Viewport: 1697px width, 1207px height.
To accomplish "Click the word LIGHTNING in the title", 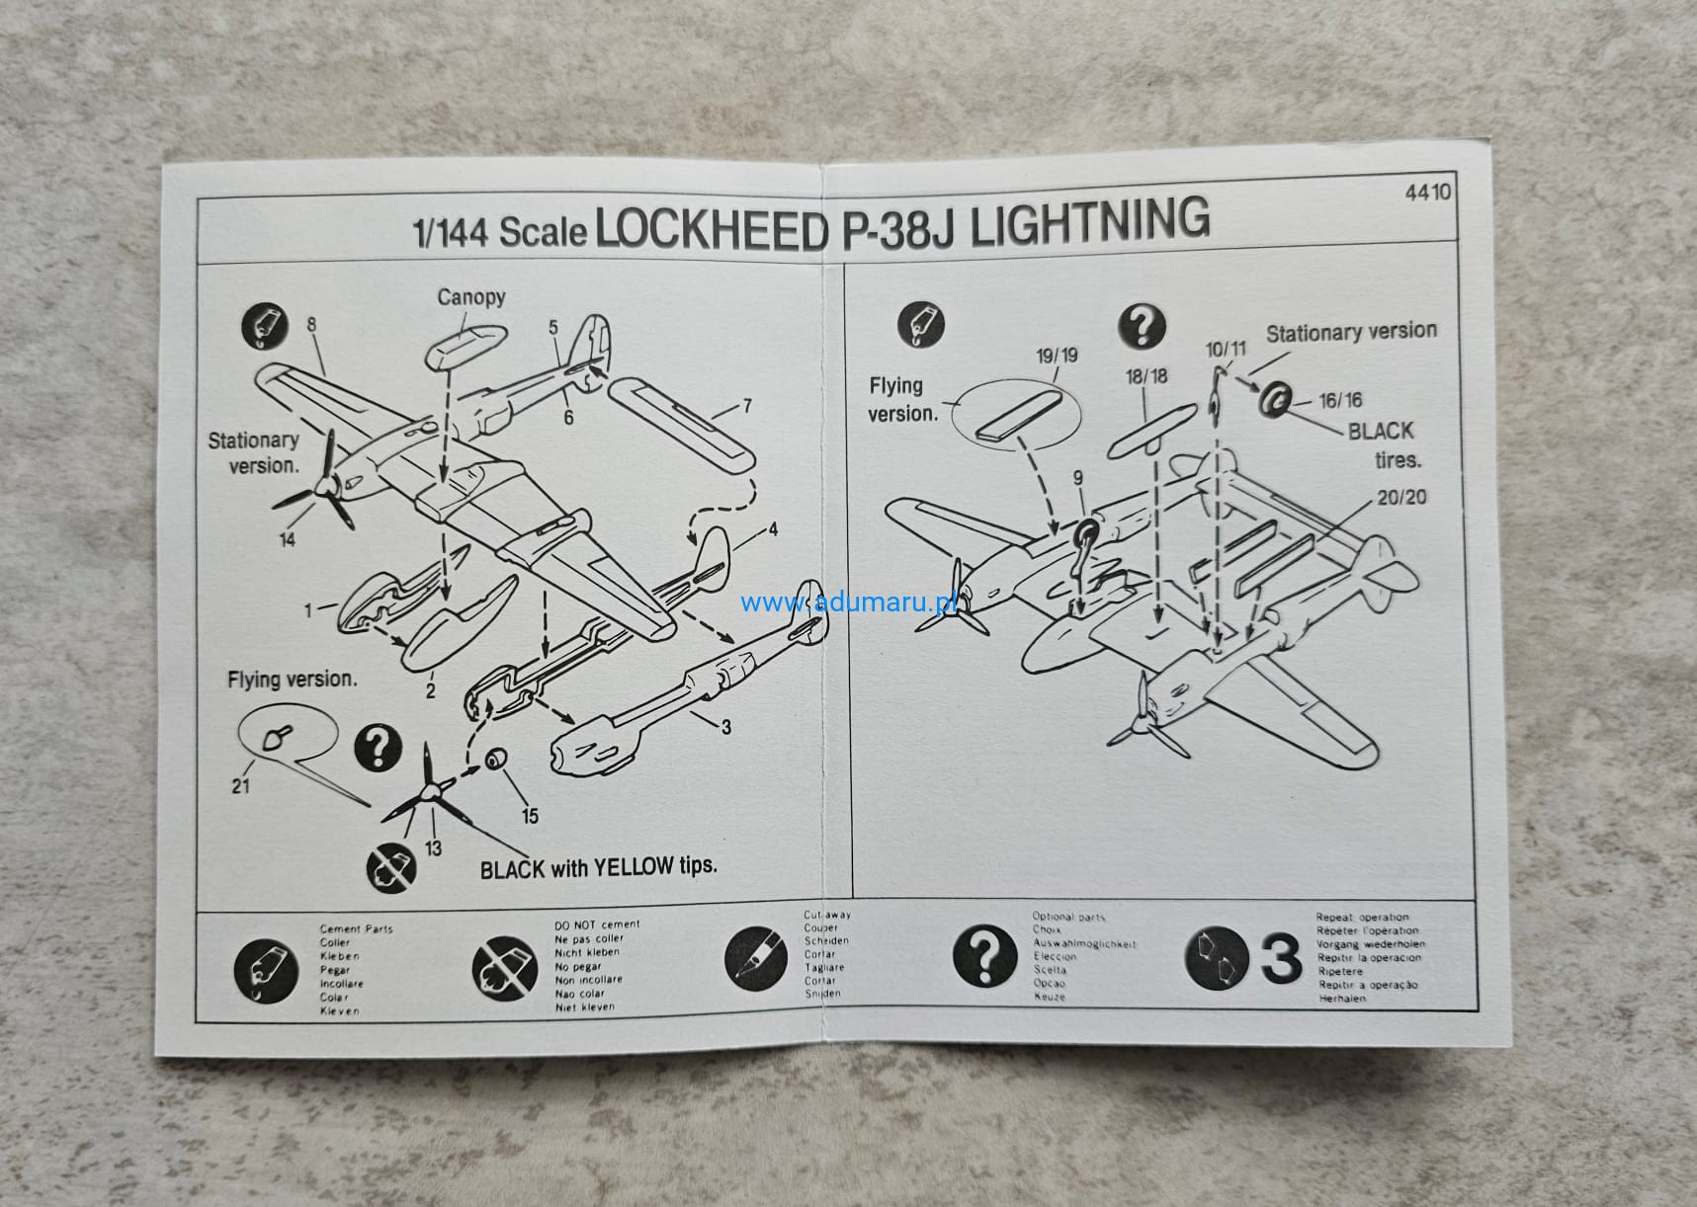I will tap(1088, 221).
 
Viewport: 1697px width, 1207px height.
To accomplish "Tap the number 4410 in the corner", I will tap(1428, 191).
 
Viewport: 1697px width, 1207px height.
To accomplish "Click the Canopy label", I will tap(471, 296).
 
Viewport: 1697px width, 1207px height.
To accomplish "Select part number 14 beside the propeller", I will tap(287, 539).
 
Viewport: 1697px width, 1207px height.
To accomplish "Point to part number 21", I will tap(240, 786).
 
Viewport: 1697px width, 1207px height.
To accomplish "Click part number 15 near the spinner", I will tap(531, 815).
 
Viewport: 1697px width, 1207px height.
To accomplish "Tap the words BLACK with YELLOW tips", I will tap(598, 867).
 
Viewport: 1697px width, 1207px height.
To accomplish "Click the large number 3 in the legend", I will tap(1282, 959).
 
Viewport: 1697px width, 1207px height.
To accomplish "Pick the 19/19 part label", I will tap(1057, 356).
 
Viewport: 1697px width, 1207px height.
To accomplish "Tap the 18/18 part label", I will tap(1145, 376).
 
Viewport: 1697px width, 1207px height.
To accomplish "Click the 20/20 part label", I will tap(1401, 497).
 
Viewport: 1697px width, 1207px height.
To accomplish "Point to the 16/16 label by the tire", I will tap(1339, 400).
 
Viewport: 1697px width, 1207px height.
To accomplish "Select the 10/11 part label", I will tap(1226, 350).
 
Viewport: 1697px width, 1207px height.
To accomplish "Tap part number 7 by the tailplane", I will tap(747, 406).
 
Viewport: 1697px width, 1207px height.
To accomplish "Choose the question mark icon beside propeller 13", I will tap(378, 748).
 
